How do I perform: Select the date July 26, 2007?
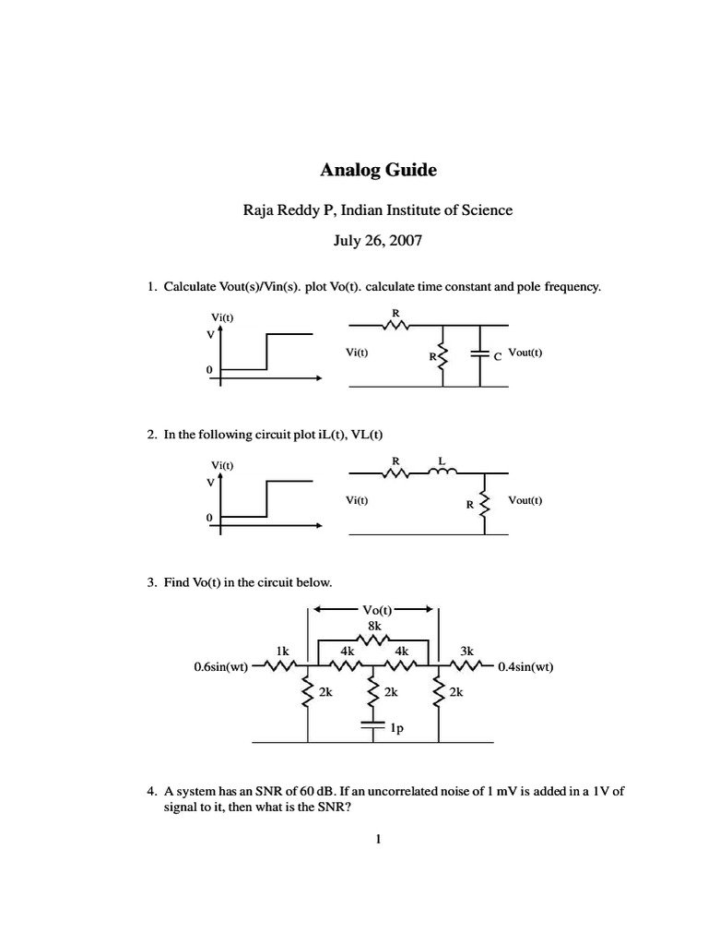point(378,241)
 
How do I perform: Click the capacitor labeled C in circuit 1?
point(480,353)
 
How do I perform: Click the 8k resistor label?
point(374,626)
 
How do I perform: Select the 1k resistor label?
point(284,650)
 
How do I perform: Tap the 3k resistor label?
point(466,650)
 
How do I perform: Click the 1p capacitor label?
point(397,728)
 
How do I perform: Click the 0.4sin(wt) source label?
point(525,666)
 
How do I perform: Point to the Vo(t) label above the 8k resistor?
point(374,610)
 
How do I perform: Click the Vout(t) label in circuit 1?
point(525,352)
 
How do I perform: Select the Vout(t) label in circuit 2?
point(524,500)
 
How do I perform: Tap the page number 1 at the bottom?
point(378,839)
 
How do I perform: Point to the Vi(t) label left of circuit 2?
point(357,500)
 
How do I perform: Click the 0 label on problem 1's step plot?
point(209,369)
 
